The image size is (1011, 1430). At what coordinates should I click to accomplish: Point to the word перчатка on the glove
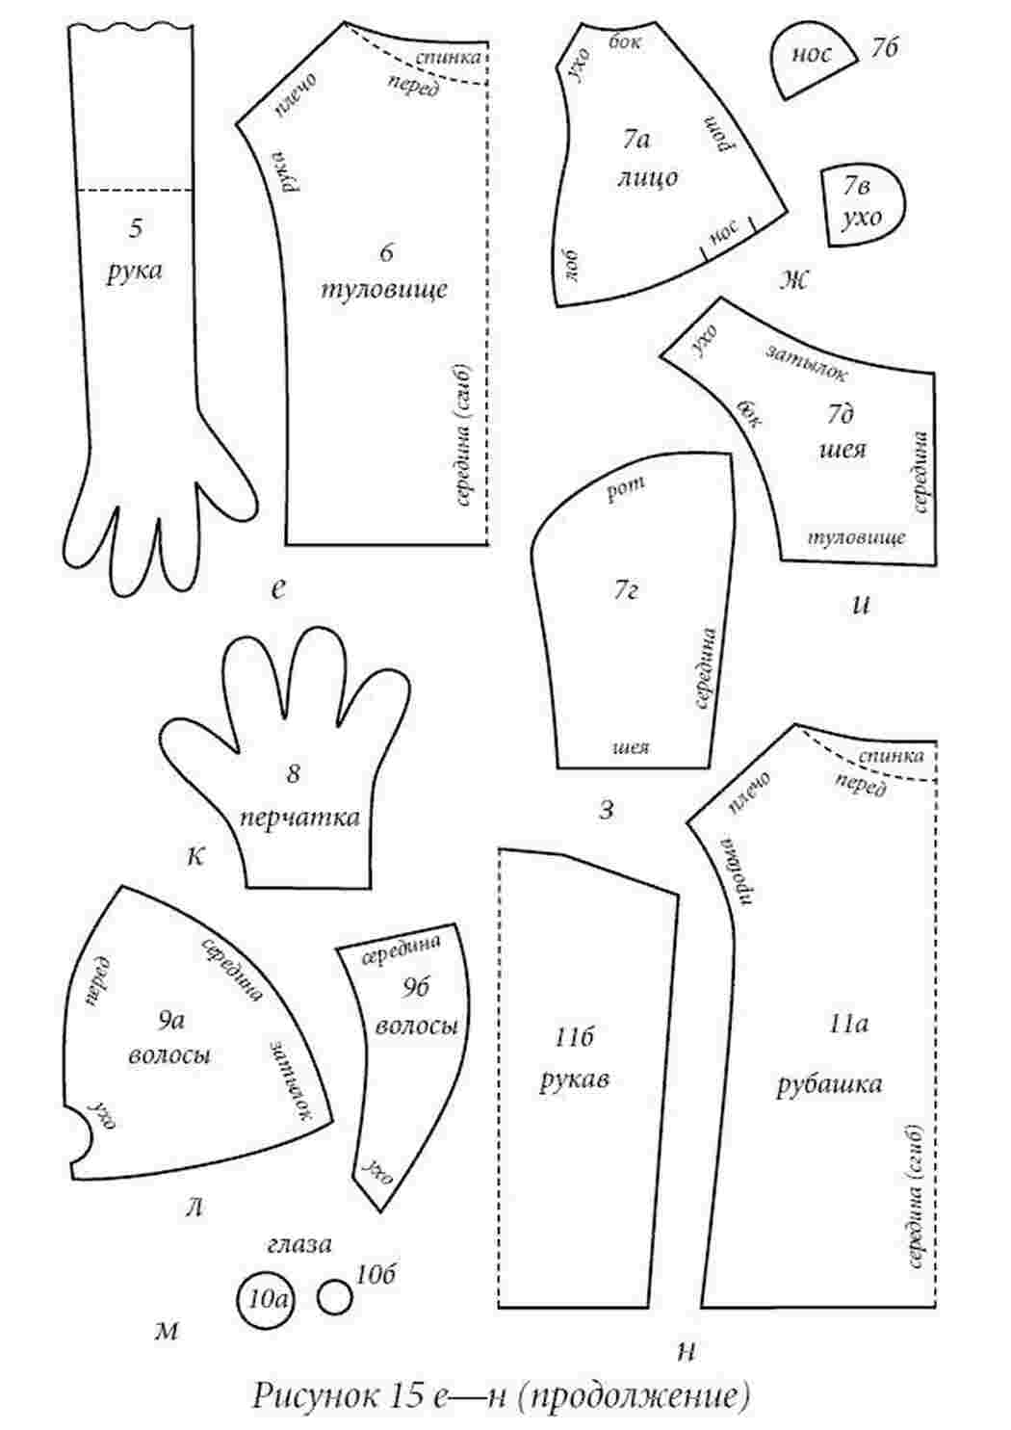click(299, 818)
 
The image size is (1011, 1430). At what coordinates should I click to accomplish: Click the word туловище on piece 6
click(383, 290)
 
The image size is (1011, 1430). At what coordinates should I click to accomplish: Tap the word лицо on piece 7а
click(647, 177)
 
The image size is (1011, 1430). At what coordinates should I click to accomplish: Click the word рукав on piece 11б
click(574, 1079)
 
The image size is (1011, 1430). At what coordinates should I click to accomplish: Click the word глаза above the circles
click(299, 1244)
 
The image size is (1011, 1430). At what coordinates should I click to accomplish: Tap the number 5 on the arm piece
click(136, 228)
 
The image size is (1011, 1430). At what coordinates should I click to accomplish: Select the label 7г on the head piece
click(626, 591)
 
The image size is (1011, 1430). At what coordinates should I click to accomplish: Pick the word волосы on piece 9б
click(416, 1026)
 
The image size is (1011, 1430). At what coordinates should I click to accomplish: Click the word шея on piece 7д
click(842, 450)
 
